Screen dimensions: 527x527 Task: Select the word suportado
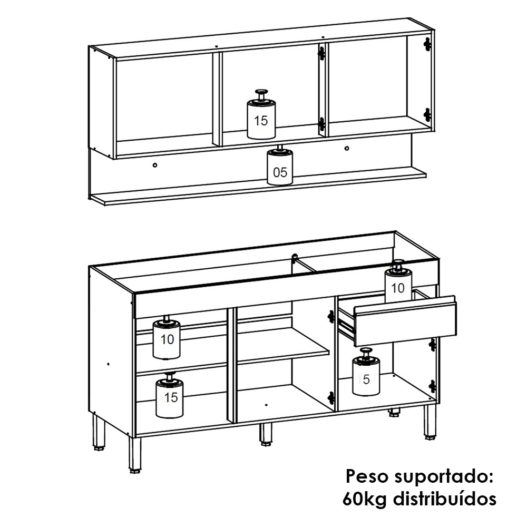442,477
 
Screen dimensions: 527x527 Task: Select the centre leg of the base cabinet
266,434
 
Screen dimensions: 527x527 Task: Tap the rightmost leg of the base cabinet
430,422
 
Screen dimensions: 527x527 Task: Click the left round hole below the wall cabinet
155,165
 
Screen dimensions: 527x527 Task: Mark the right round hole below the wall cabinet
347,148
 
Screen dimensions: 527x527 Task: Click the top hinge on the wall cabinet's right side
427,44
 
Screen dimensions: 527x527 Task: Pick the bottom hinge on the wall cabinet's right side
427,115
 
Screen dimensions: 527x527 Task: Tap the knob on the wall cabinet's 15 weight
261,92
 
